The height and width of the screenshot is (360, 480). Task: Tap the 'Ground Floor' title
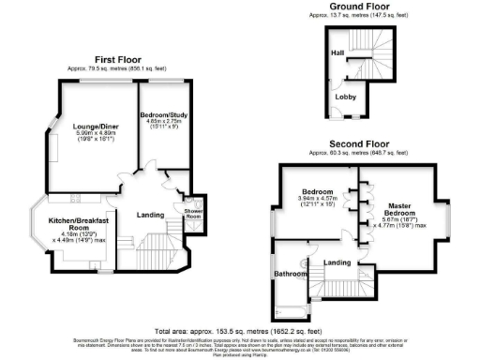pos(361,6)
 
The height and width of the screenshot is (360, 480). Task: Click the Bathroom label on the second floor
pos(291,274)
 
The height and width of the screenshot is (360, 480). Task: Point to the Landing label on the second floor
pos(337,262)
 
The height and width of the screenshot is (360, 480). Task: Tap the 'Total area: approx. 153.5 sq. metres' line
pos(240,331)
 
